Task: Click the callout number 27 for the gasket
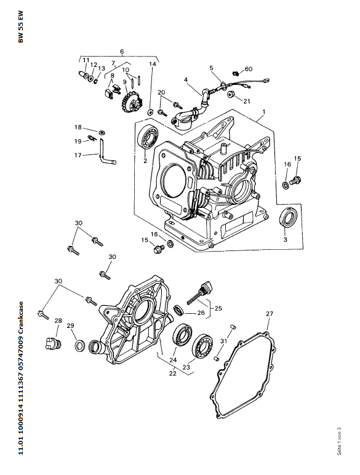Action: coord(270,314)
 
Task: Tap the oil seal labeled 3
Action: coord(288,217)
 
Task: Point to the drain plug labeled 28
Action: coord(54,343)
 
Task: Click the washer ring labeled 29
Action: coord(80,346)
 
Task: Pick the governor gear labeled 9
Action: coord(132,103)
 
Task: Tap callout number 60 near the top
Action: coord(249,69)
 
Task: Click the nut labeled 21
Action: coord(232,94)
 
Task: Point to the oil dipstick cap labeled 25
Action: coord(209,285)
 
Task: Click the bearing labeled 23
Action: coord(202,346)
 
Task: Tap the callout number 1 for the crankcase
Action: coord(264,112)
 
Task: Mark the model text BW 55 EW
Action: coord(20,27)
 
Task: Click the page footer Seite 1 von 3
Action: coord(339,441)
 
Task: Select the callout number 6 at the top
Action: coord(122,52)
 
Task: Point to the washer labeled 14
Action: coord(150,113)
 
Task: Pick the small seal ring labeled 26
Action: coord(178,310)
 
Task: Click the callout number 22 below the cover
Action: coord(173,373)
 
